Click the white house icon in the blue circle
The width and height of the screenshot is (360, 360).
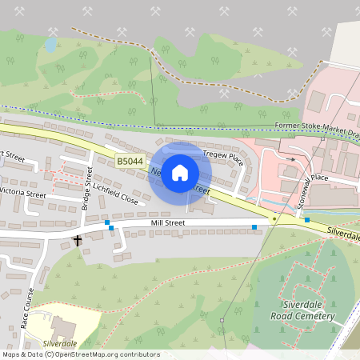[x=180, y=171]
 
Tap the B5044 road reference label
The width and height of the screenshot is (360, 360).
[x=130, y=162]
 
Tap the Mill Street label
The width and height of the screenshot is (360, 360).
[x=166, y=223]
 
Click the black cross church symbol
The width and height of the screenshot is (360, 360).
[x=78, y=240]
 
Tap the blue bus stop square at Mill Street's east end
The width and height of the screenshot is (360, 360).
[x=254, y=228]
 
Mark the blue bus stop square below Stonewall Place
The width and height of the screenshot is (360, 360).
[x=306, y=219]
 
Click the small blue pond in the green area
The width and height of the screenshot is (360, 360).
[x=51, y=45]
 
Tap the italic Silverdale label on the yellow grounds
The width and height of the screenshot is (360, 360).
[x=60, y=342]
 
